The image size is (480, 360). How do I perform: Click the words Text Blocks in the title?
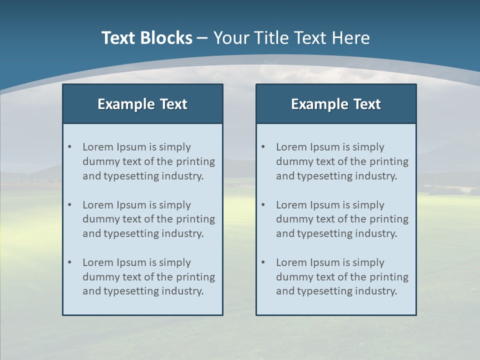[146, 38]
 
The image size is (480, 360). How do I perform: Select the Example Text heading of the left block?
[142, 104]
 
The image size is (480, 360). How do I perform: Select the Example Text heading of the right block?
[336, 104]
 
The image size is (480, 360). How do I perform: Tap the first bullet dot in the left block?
[69, 147]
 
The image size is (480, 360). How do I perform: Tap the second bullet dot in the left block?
[69, 205]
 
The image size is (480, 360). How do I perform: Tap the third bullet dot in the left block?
[69, 262]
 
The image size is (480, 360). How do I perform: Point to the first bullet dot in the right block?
[263, 147]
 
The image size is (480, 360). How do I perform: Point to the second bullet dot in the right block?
[263, 205]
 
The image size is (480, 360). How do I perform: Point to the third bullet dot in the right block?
[263, 262]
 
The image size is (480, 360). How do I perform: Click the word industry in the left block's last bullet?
[183, 291]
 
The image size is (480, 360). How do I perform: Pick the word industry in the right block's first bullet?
[376, 176]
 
